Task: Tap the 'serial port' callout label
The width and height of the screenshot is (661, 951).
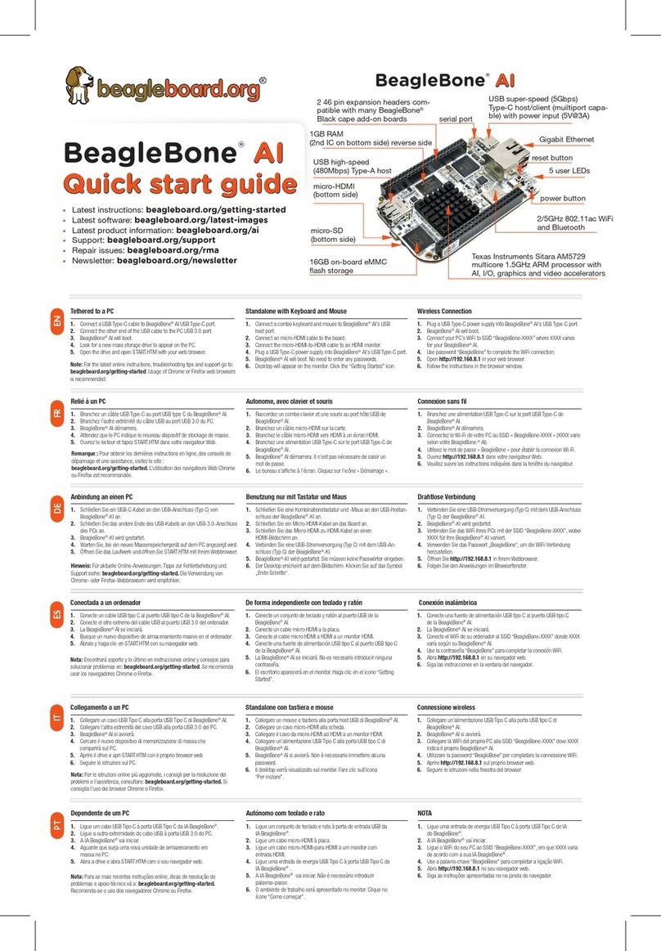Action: [x=456, y=119]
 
